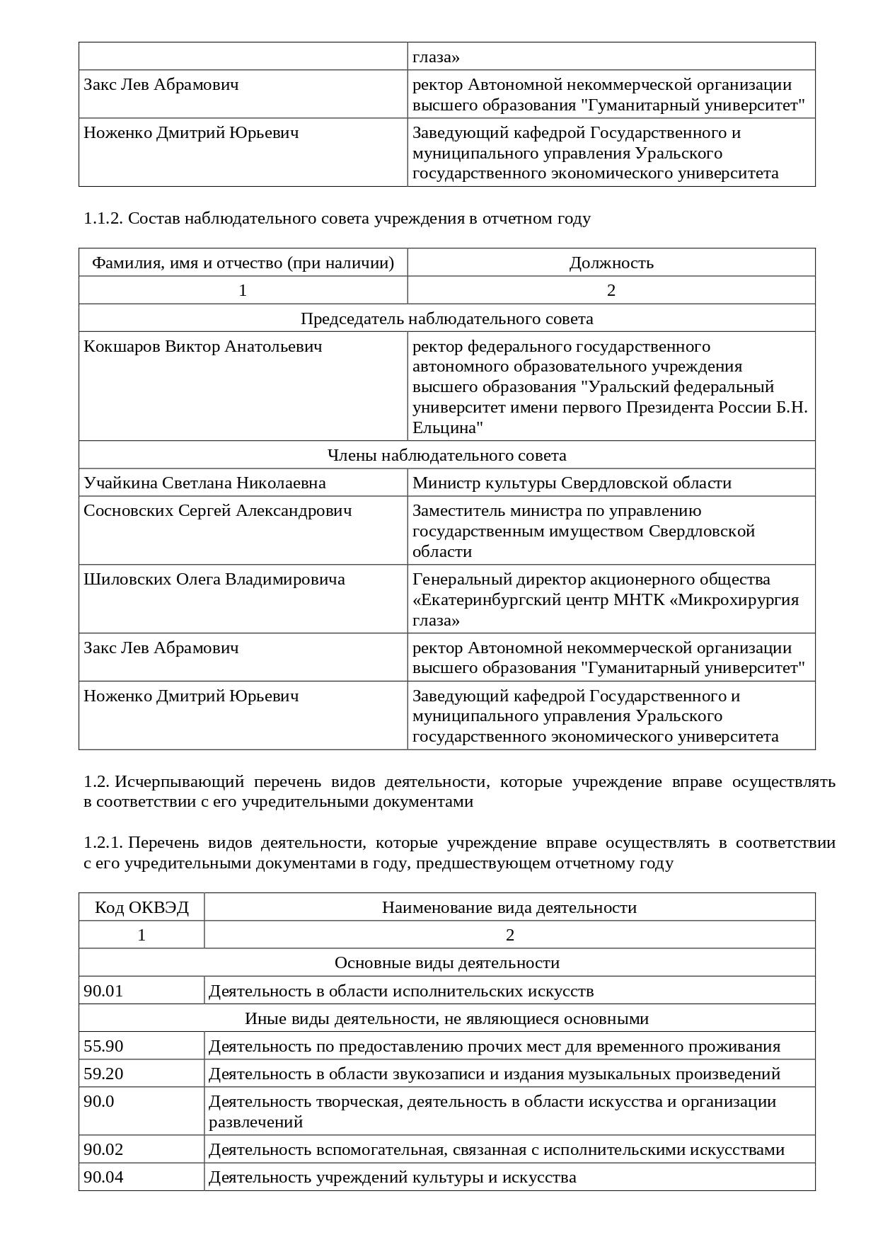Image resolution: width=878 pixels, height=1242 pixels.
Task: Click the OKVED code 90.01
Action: click(103, 991)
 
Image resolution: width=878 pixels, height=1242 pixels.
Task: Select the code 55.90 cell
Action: click(103, 1046)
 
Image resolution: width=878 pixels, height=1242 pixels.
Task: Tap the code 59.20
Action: click(103, 1074)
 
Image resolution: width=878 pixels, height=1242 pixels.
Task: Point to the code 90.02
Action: click(103, 1149)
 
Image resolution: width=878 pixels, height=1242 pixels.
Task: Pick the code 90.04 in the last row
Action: click(103, 1177)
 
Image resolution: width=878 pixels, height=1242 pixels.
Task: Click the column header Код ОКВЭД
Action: click(141, 907)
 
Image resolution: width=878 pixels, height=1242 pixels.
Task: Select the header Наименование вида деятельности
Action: click(509, 907)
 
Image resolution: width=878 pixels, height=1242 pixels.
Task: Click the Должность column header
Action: click(611, 263)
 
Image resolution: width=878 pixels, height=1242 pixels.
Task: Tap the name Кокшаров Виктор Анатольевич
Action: click(203, 347)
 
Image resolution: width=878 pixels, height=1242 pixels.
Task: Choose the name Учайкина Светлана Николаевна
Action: click(204, 483)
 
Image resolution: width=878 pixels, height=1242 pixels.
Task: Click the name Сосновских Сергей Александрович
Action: click(218, 511)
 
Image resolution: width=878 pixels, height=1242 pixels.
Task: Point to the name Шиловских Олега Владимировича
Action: click(214, 580)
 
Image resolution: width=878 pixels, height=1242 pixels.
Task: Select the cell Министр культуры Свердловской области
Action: click(572, 483)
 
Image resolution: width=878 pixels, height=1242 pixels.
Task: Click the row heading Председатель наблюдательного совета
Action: click(447, 318)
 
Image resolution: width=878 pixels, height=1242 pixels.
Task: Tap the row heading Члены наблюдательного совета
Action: click(447, 455)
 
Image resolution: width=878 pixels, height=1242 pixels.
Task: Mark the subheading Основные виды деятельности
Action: click(447, 963)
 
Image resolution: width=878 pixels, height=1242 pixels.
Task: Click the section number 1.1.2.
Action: click(103, 219)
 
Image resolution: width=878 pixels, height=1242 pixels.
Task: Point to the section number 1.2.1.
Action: click(103, 843)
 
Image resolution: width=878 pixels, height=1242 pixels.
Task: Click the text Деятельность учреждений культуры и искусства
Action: click(393, 1177)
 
